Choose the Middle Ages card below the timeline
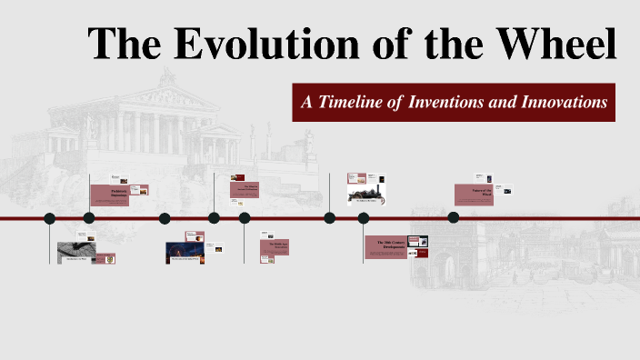(274, 246)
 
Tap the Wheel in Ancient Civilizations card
(245, 189)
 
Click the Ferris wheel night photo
(183, 252)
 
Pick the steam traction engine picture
(367, 192)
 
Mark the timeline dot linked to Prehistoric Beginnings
(89, 218)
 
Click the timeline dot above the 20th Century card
(364, 218)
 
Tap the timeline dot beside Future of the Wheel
(454, 218)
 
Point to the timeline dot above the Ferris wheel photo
(165, 218)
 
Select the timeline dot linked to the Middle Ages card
(245, 218)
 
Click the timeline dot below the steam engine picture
(330, 218)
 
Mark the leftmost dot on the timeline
(50, 218)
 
